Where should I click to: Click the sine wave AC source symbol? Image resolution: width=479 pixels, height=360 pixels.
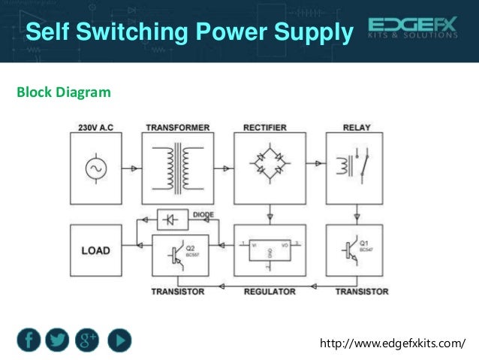[95, 169]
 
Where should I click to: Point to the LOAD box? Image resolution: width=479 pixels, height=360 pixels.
[95, 250]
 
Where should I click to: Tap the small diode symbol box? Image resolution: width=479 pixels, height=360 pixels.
[172, 219]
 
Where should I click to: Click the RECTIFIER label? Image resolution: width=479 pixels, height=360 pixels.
[269, 128]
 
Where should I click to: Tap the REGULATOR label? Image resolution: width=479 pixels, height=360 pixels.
[270, 291]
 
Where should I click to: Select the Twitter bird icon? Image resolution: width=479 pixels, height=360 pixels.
[60, 340]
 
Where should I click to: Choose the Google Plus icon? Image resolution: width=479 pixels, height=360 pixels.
[89, 340]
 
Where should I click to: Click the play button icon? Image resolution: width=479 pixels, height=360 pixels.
[119, 340]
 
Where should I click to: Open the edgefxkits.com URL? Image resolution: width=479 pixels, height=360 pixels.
[393, 344]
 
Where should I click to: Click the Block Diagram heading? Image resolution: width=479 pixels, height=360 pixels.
[64, 92]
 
